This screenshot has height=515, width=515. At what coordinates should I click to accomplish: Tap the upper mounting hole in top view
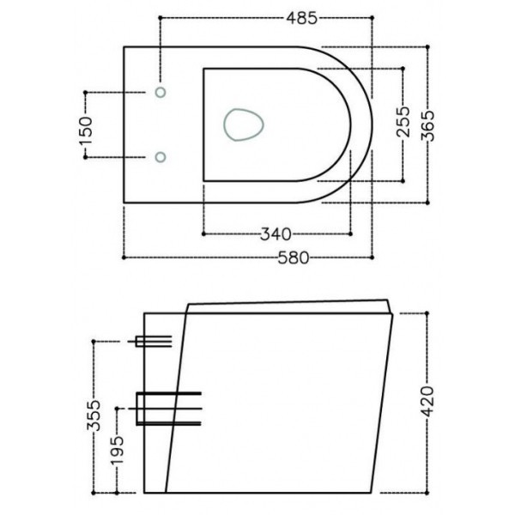[x=161, y=91]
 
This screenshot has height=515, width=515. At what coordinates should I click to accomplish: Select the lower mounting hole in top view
[x=161, y=156]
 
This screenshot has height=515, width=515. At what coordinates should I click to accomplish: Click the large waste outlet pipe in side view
[x=167, y=409]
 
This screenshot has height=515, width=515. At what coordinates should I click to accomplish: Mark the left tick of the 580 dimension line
[x=125, y=257]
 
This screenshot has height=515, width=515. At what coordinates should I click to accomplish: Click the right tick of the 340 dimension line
[x=351, y=233]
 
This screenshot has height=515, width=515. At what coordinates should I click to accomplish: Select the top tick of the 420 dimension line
[x=427, y=314]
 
